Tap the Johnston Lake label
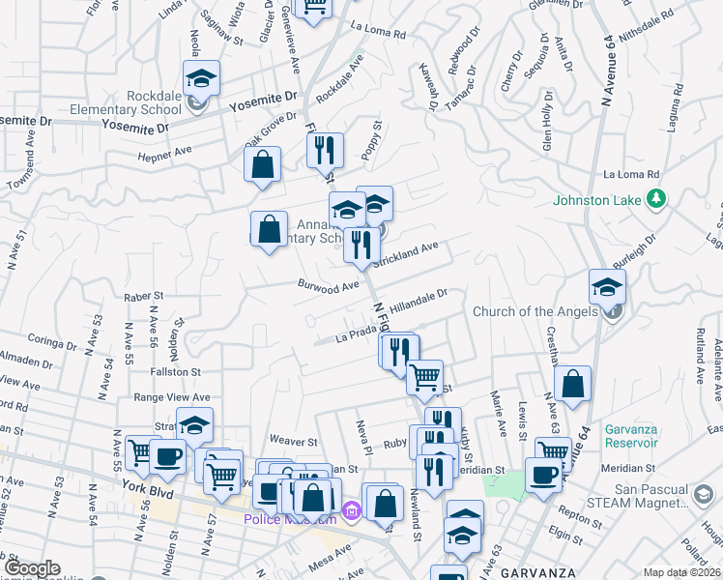tap(597, 201)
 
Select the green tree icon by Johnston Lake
tap(657, 199)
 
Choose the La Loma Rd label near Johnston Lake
tap(630, 175)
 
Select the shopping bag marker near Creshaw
tap(573, 383)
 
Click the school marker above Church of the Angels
tap(607, 286)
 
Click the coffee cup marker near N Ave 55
tap(167, 455)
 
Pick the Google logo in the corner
tap(33, 569)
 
